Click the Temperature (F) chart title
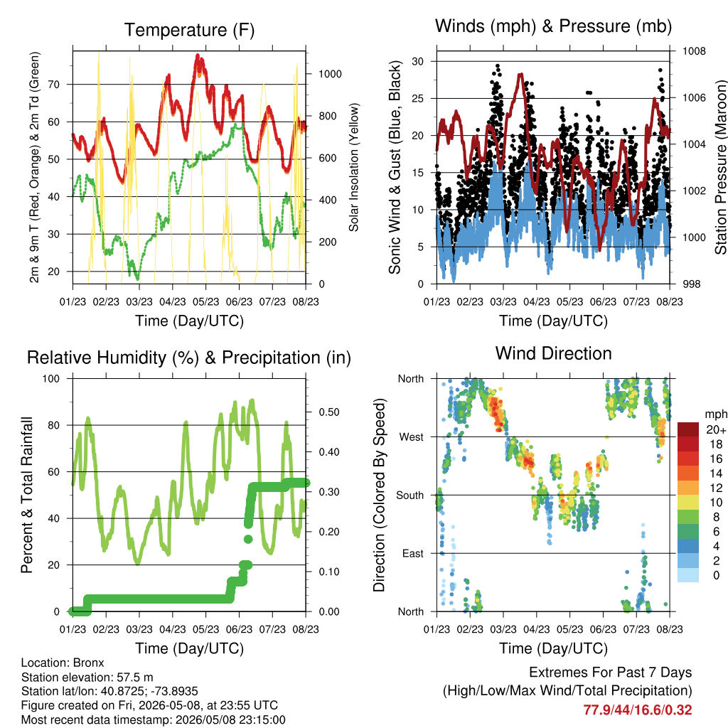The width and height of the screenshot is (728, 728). click(x=189, y=30)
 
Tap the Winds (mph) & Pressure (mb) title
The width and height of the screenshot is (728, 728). click(x=553, y=26)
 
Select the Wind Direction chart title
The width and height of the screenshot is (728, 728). click(x=553, y=353)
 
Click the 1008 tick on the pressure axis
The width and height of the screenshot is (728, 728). click(x=694, y=51)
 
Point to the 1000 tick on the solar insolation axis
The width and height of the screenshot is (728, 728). click(x=330, y=74)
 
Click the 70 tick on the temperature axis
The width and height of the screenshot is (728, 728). click(x=54, y=85)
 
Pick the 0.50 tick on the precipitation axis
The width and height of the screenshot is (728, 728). click(x=329, y=412)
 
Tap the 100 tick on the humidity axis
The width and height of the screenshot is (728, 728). click(x=51, y=378)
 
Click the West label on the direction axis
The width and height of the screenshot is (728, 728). click(x=412, y=437)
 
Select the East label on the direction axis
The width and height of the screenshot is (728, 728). click(x=413, y=553)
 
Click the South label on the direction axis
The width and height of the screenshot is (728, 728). click(x=410, y=496)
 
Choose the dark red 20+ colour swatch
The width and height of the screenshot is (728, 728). click(x=688, y=429)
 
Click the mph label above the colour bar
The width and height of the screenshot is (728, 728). click(x=716, y=414)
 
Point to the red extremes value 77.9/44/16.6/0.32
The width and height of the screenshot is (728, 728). click(x=638, y=710)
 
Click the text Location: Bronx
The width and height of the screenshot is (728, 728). click(x=63, y=663)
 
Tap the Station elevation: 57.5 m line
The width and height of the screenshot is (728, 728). click(x=87, y=677)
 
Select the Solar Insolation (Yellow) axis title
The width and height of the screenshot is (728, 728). click(x=354, y=167)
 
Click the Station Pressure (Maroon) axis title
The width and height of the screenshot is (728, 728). click(x=721, y=167)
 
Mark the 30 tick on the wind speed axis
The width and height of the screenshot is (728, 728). click(x=418, y=61)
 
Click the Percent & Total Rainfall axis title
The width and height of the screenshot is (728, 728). click(x=27, y=495)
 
